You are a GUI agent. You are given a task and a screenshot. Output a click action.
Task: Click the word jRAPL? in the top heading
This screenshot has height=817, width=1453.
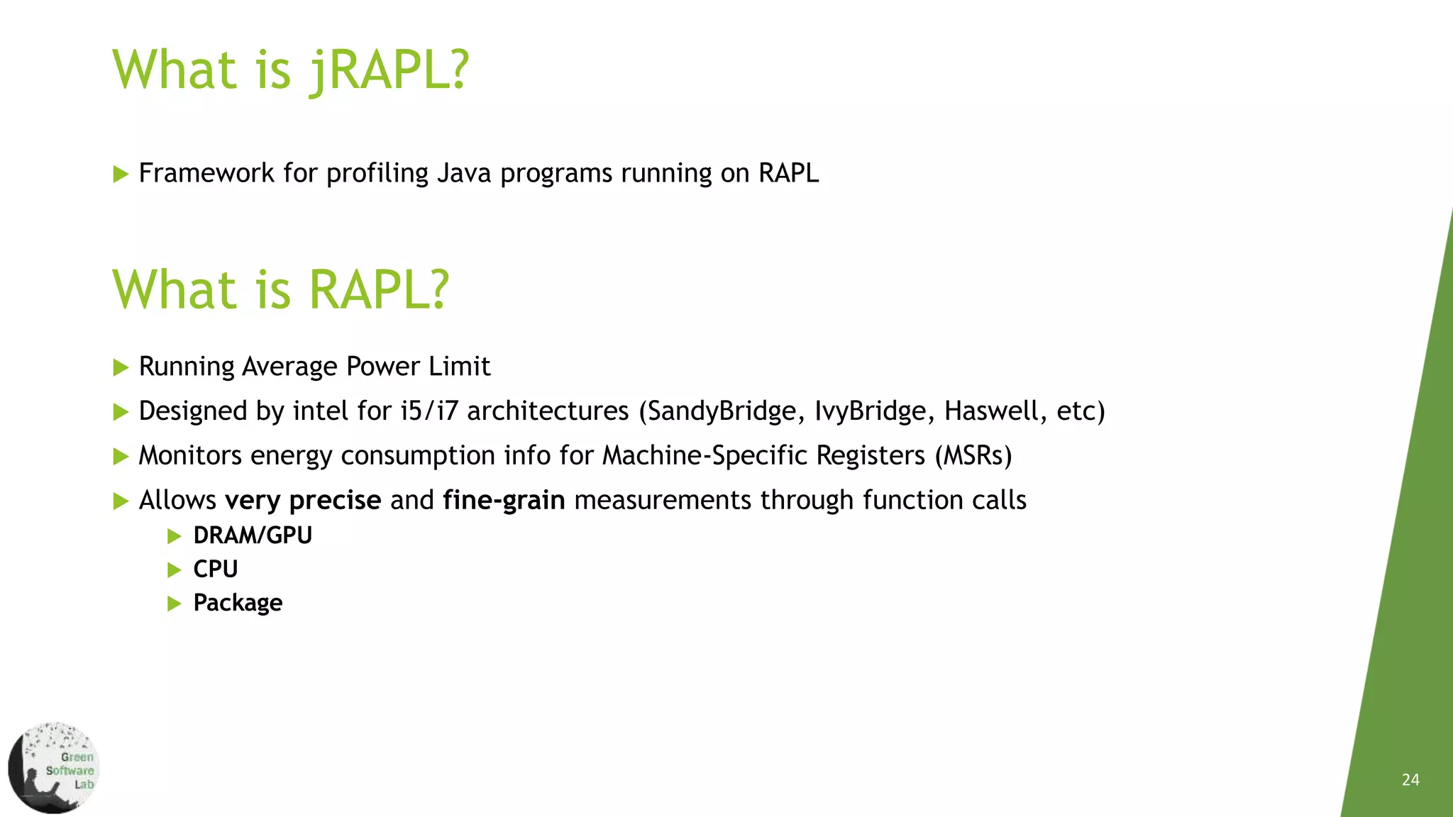(389, 71)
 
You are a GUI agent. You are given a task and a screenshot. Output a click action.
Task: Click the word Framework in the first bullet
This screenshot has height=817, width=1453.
(206, 173)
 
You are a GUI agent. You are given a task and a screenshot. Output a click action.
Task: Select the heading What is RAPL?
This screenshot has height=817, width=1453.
(281, 290)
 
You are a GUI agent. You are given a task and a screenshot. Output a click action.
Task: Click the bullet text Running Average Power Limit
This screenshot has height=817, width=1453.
(314, 367)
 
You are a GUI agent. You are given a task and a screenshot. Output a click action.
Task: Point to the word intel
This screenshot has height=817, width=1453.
(320, 411)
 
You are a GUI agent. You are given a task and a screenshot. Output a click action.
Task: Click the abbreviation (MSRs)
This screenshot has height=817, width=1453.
(973, 455)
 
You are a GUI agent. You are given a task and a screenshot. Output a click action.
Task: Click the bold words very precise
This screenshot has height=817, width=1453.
(303, 501)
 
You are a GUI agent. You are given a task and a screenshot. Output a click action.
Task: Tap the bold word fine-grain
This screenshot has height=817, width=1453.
(504, 501)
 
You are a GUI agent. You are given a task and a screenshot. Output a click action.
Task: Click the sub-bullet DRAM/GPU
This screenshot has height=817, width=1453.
(253, 535)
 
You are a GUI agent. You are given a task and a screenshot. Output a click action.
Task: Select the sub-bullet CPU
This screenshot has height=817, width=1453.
(215, 569)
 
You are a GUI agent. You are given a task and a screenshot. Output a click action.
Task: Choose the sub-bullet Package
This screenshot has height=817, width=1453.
(238, 603)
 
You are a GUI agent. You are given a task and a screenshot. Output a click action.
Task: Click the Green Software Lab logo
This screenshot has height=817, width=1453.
(54, 768)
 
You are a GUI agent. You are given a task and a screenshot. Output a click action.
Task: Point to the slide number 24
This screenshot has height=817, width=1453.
(1410, 780)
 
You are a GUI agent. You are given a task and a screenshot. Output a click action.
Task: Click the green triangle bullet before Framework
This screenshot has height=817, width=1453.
(121, 174)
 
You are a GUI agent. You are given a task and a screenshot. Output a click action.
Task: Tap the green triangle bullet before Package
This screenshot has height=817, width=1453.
(175, 604)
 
